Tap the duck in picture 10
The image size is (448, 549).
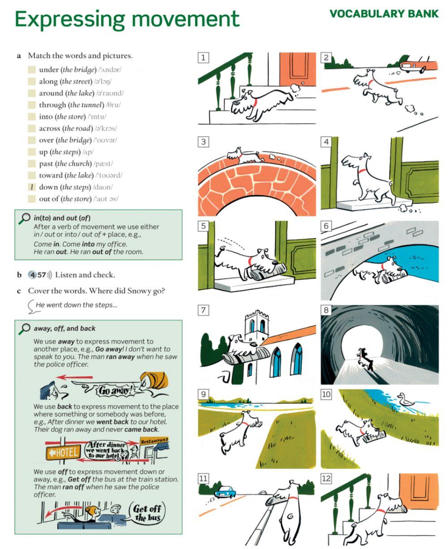(x=406, y=400)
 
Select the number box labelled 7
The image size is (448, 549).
(x=203, y=310)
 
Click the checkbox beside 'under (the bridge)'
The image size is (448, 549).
(x=31, y=70)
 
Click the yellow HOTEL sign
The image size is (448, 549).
(x=63, y=452)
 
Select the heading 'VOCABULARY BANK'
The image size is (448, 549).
(x=384, y=14)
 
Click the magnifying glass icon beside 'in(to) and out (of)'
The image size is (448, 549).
(x=23, y=219)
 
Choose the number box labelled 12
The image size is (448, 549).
(x=326, y=479)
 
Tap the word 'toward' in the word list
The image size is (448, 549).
(x=51, y=176)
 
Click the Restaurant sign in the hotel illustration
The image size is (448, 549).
(x=154, y=441)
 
